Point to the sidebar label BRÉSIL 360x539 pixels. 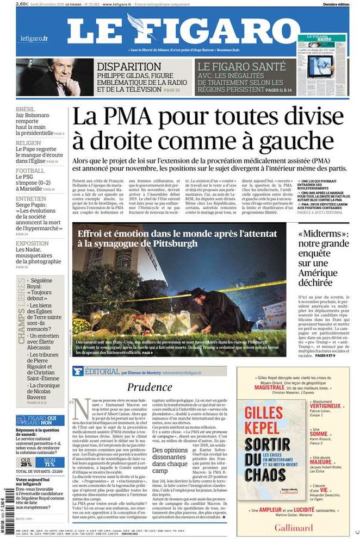[x=26, y=109]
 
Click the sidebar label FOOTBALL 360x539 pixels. [x=30, y=170]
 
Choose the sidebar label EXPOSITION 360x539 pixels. [x=32, y=243]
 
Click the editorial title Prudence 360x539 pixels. [x=149, y=387]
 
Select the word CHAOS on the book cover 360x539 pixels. [x=264, y=474]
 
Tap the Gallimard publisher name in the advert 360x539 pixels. [x=293, y=527]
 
